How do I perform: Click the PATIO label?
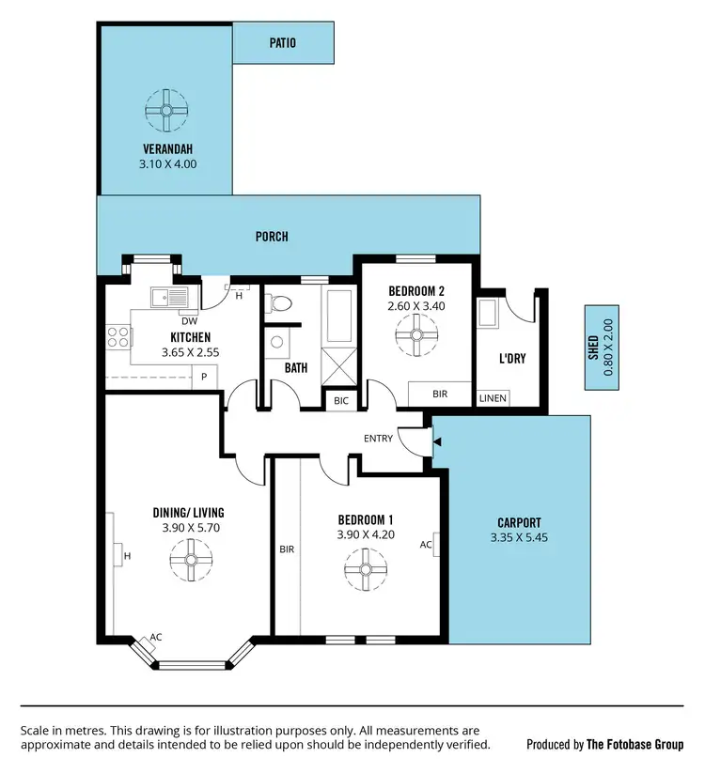(282, 42)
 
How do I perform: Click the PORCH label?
(272, 237)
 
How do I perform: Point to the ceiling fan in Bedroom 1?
(365, 567)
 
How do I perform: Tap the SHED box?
(599, 348)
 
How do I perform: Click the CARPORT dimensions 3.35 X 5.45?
(519, 537)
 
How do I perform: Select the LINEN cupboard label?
(493, 398)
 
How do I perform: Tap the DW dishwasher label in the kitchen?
(189, 320)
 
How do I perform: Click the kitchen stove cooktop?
(117, 335)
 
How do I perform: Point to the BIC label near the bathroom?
(340, 400)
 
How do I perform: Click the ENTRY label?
(378, 439)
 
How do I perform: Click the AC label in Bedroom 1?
(425, 544)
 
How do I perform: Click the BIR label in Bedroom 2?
(439, 394)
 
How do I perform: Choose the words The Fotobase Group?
(634, 744)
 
